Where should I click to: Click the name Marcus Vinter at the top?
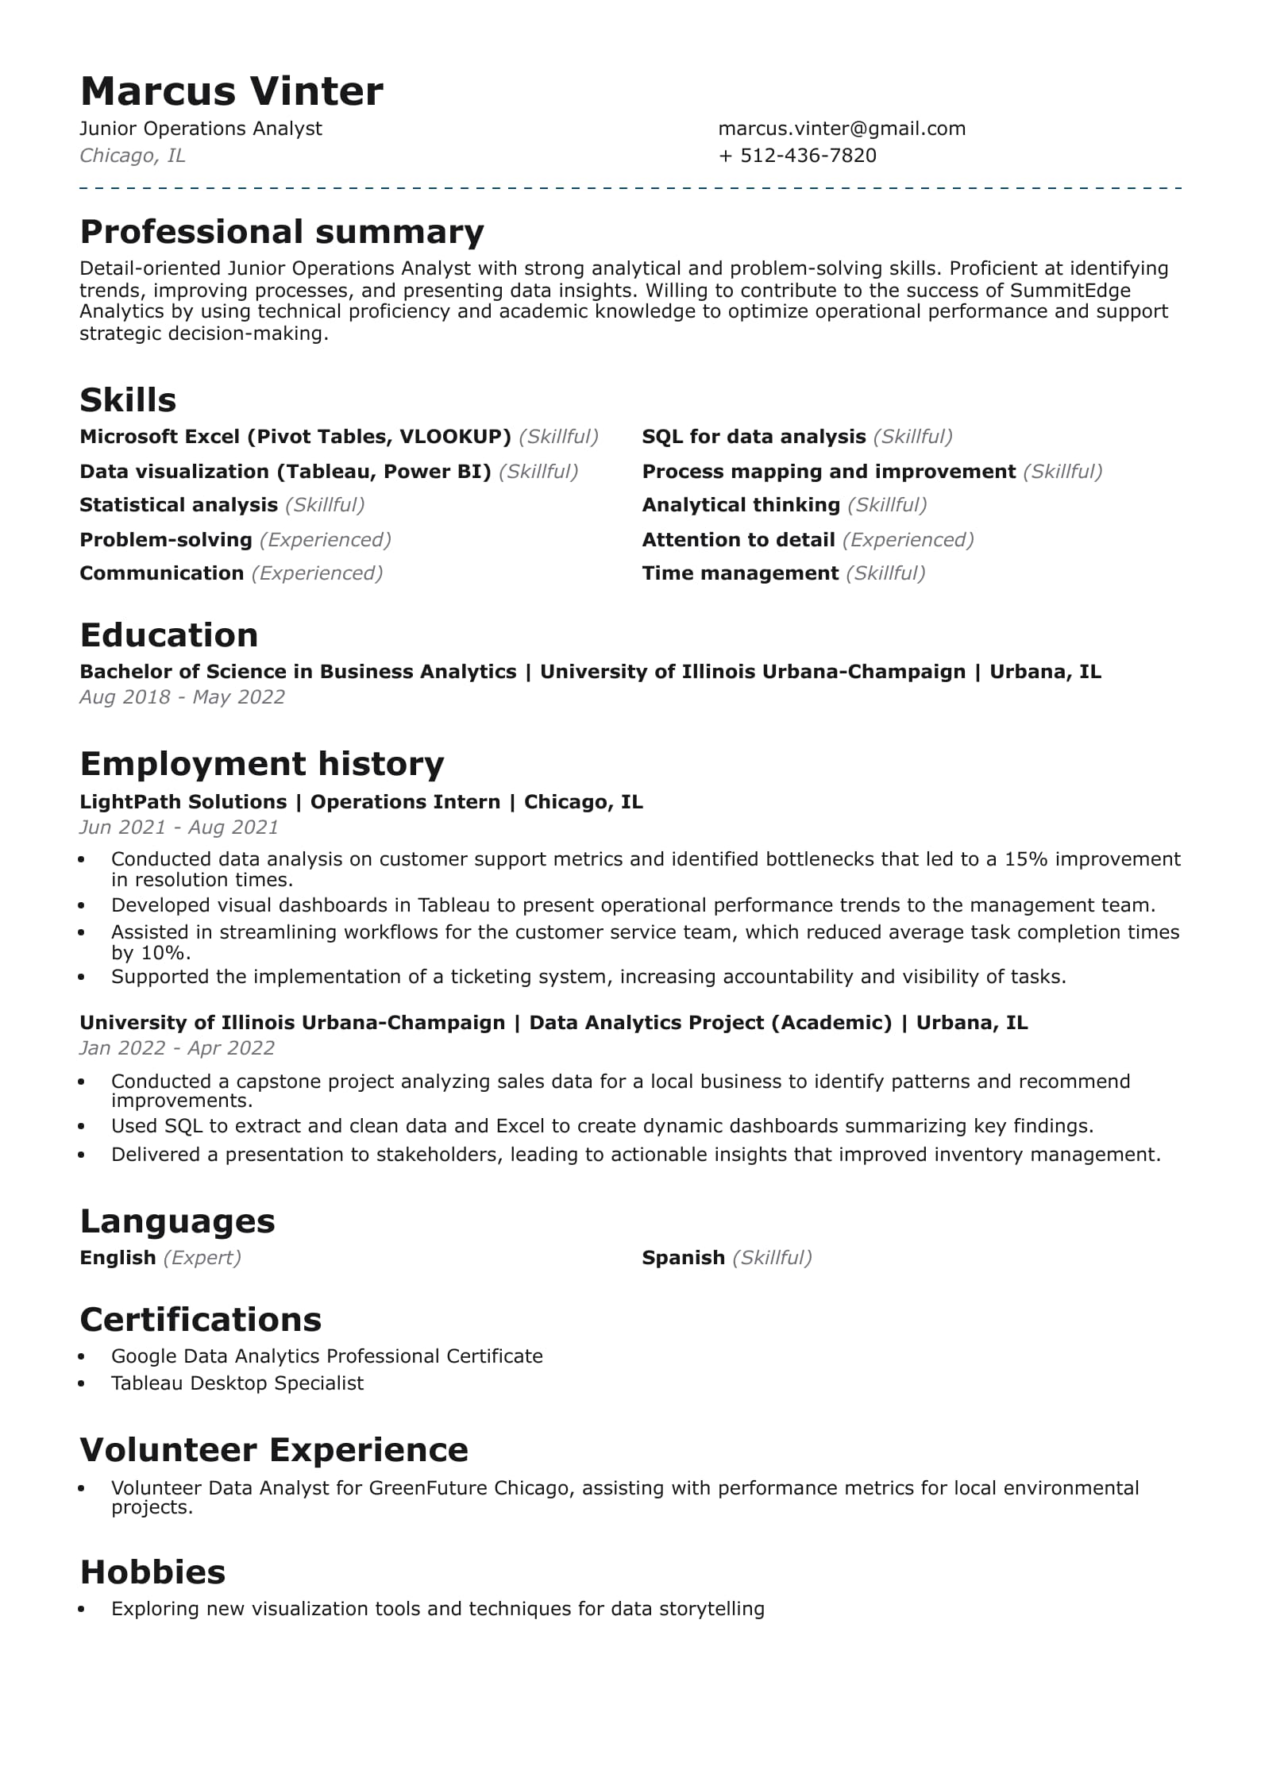pyautogui.click(x=231, y=91)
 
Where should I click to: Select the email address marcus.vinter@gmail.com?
pyautogui.click(x=841, y=129)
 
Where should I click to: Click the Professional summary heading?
pyautogui.click(x=282, y=232)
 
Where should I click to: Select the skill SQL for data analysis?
pyautogui.click(x=753, y=437)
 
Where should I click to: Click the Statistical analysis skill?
pyautogui.click(x=179, y=505)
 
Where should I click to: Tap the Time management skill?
pyautogui.click(x=739, y=573)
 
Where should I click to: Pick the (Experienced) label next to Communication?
pyautogui.click(x=317, y=573)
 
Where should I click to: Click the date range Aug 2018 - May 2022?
pyautogui.click(x=182, y=697)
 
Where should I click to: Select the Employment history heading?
pyautogui.click(x=262, y=764)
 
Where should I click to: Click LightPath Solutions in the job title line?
pyautogui.click(x=183, y=802)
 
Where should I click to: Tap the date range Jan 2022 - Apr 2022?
pyautogui.click(x=177, y=1048)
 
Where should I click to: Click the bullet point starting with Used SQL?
pyautogui.click(x=602, y=1126)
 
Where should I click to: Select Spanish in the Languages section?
pyautogui.click(x=683, y=1258)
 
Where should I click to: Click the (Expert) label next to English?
pyautogui.click(x=202, y=1258)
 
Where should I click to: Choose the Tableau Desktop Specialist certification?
pyautogui.click(x=237, y=1383)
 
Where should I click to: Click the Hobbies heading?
pyautogui.click(x=152, y=1572)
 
